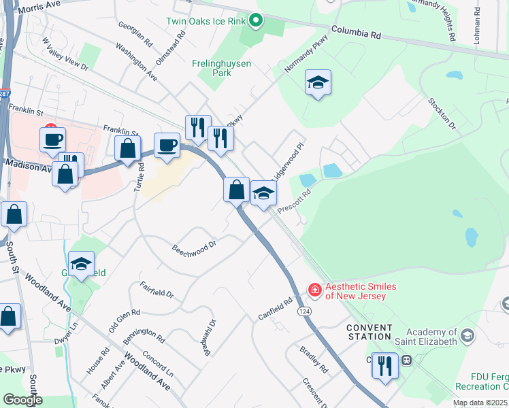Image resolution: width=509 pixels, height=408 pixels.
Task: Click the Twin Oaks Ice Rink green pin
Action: (x=256, y=21)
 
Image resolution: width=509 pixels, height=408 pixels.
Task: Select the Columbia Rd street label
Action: (x=357, y=32)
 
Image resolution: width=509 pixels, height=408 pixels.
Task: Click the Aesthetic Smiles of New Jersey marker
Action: (x=314, y=290)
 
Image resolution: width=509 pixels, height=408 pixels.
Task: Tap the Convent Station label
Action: (x=370, y=332)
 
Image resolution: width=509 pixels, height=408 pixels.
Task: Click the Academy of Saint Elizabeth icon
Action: (x=467, y=335)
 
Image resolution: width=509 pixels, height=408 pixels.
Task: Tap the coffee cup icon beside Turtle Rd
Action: (x=167, y=145)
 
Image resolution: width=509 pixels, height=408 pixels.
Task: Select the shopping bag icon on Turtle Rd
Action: (x=127, y=150)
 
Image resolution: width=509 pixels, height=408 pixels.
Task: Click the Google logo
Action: (x=22, y=400)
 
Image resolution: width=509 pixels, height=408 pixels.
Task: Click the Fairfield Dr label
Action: (x=157, y=291)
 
